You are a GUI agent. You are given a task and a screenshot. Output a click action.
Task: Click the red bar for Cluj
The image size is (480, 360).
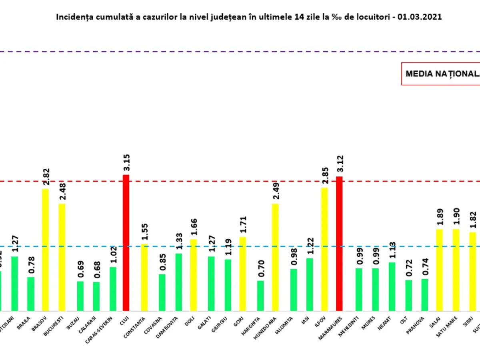[x=126, y=243]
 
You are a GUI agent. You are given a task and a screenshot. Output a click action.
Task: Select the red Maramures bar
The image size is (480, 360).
[x=339, y=244]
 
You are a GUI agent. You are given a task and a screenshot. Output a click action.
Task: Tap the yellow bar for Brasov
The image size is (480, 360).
[x=45, y=250]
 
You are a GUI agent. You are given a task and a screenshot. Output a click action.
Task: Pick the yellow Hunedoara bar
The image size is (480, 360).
[x=275, y=257]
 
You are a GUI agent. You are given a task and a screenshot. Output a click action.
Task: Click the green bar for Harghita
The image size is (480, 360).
[x=260, y=296]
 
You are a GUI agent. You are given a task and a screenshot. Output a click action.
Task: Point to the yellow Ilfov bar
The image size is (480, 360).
[x=324, y=249]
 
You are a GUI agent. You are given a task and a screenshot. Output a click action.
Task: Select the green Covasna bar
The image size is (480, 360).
[x=162, y=292]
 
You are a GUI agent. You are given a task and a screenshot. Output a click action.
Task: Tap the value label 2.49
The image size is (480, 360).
[x=276, y=191]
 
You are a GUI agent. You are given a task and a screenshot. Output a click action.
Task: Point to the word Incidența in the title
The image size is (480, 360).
[x=72, y=17]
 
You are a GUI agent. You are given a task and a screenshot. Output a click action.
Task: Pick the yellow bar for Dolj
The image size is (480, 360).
[x=193, y=275]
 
